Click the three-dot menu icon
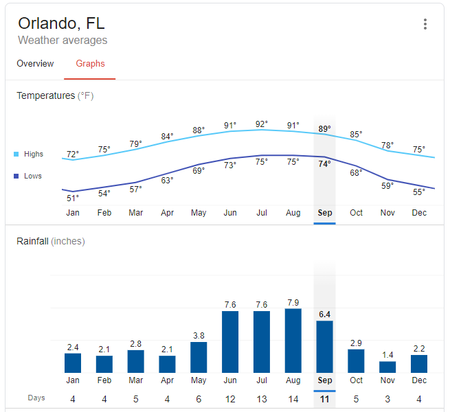(x=425, y=25)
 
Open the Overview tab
(x=35, y=64)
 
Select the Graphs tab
(x=90, y=64)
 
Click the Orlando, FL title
(x=61, y=23)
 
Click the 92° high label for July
(x=261, y=124)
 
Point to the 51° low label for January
(x=72, y=198)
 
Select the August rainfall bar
(x=293, y=341)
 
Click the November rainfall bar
(x=387, y=367)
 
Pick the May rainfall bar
(x=199, y=357)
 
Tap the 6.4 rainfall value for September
(x=324, y=314)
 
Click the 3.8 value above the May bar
(x=199, y=336)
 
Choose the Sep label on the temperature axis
(x=324, y=213)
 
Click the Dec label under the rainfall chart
(x=419, y=380)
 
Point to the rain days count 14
(x=293, y=399)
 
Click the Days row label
(x=37, y=398)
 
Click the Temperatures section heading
(x=55, y=96)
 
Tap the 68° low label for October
(x=356, y=173)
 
